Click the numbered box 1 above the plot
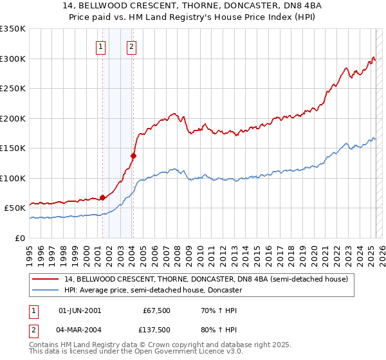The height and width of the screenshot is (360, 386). pos(102,46)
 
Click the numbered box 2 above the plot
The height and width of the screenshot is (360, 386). pos(131,46)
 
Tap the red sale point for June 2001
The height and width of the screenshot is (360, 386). pos(102,197)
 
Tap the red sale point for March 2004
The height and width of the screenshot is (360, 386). pos(133,156)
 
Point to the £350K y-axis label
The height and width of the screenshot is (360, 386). pos(13,29)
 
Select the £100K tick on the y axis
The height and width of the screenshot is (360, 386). pos(13,178)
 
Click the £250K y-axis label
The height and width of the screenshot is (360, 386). pos(13,89)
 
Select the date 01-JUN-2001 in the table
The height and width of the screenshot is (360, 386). pos(80,311)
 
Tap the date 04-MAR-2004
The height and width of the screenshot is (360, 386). pos(80,330)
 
